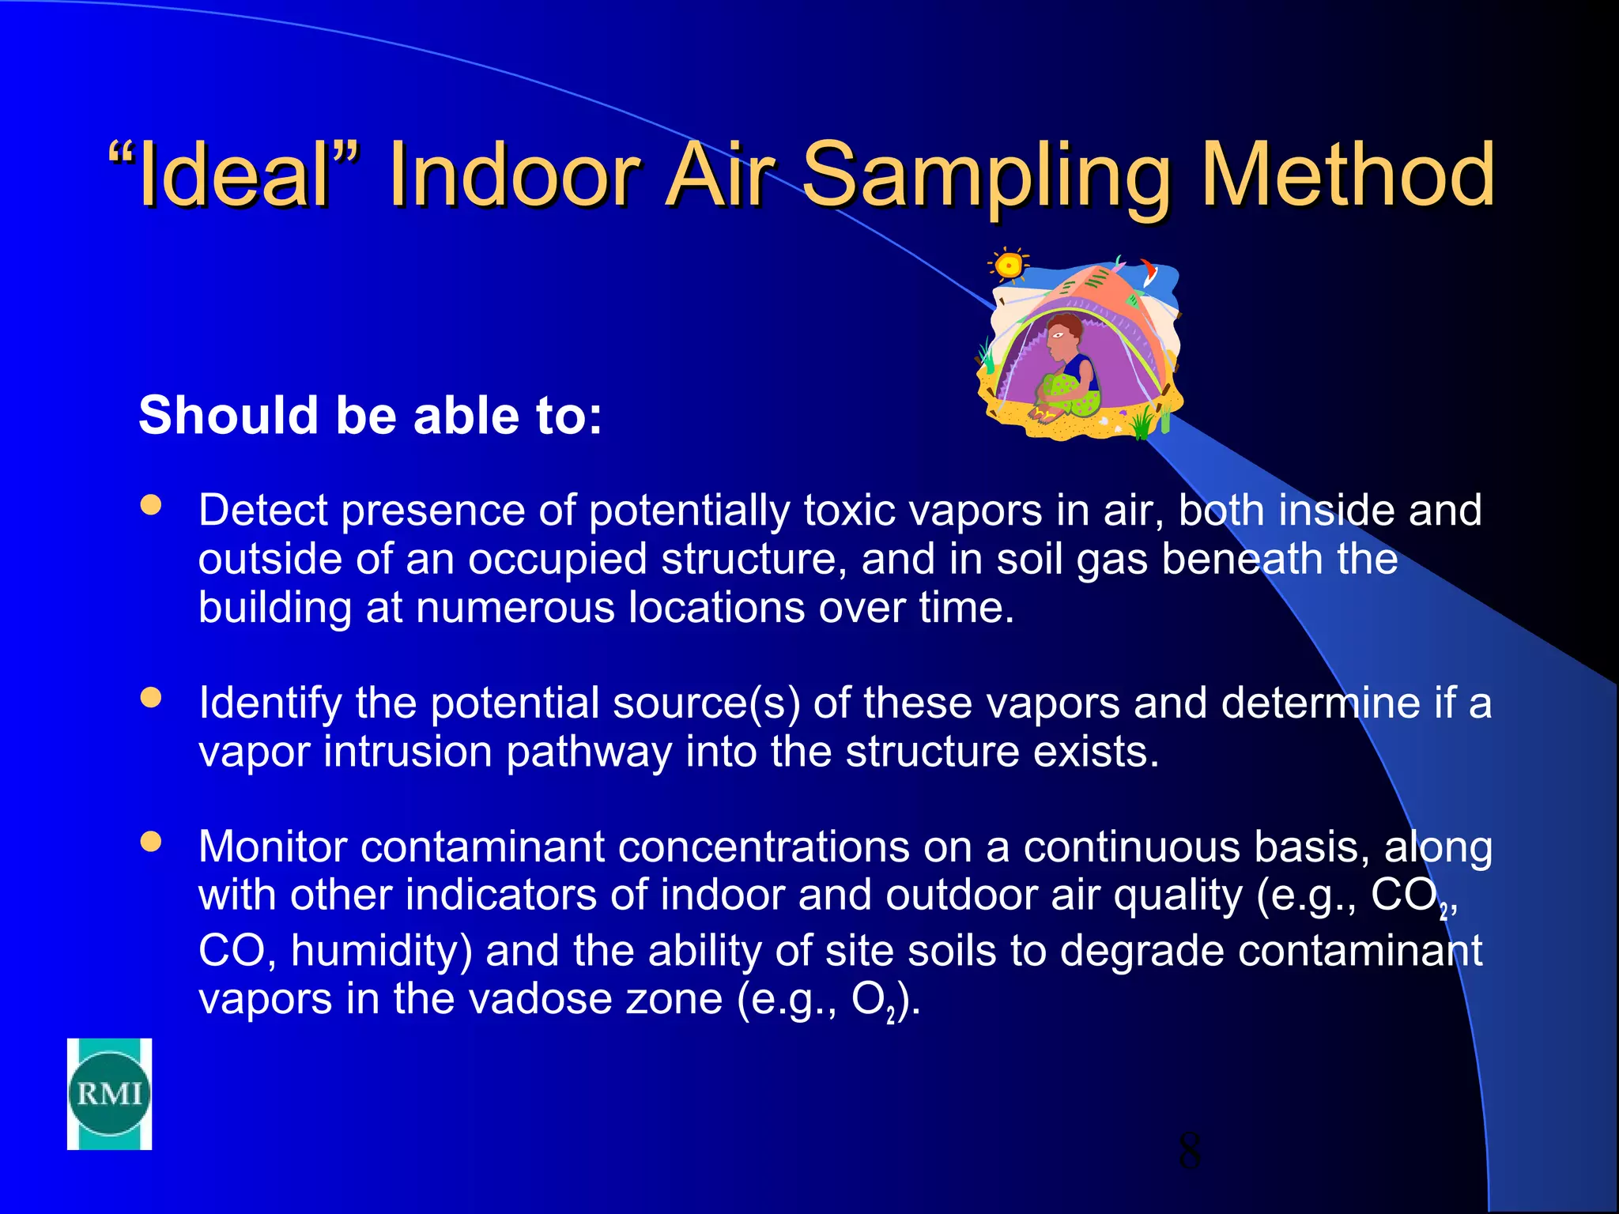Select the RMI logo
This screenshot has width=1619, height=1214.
click(109, 1094)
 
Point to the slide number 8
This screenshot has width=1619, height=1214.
click(1189, 1151)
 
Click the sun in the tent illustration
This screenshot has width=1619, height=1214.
click(1008, 266)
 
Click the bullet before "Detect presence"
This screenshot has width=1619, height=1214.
click(150, 505)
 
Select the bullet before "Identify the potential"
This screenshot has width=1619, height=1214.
click(150, 697)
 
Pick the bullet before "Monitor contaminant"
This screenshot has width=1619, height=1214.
click(150, 841)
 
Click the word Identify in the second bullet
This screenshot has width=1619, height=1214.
click(270, 703)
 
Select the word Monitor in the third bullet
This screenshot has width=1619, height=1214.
click(272, 847)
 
